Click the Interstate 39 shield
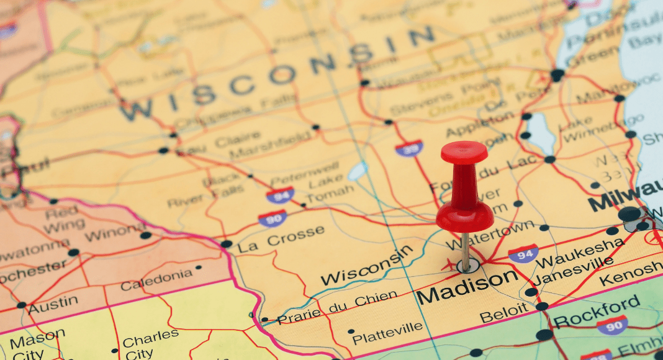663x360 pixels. click(409, 148)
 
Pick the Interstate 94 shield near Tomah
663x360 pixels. click(280, 195)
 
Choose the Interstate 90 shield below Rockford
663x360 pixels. click(612, 325)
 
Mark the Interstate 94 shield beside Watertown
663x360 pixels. click(523, 253)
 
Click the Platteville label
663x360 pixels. click(387, 333)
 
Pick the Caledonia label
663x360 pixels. click(156, 280)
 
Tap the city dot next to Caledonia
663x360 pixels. click(199, 268)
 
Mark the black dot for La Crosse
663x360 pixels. click(227, 244)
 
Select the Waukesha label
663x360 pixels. click(580, 252)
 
